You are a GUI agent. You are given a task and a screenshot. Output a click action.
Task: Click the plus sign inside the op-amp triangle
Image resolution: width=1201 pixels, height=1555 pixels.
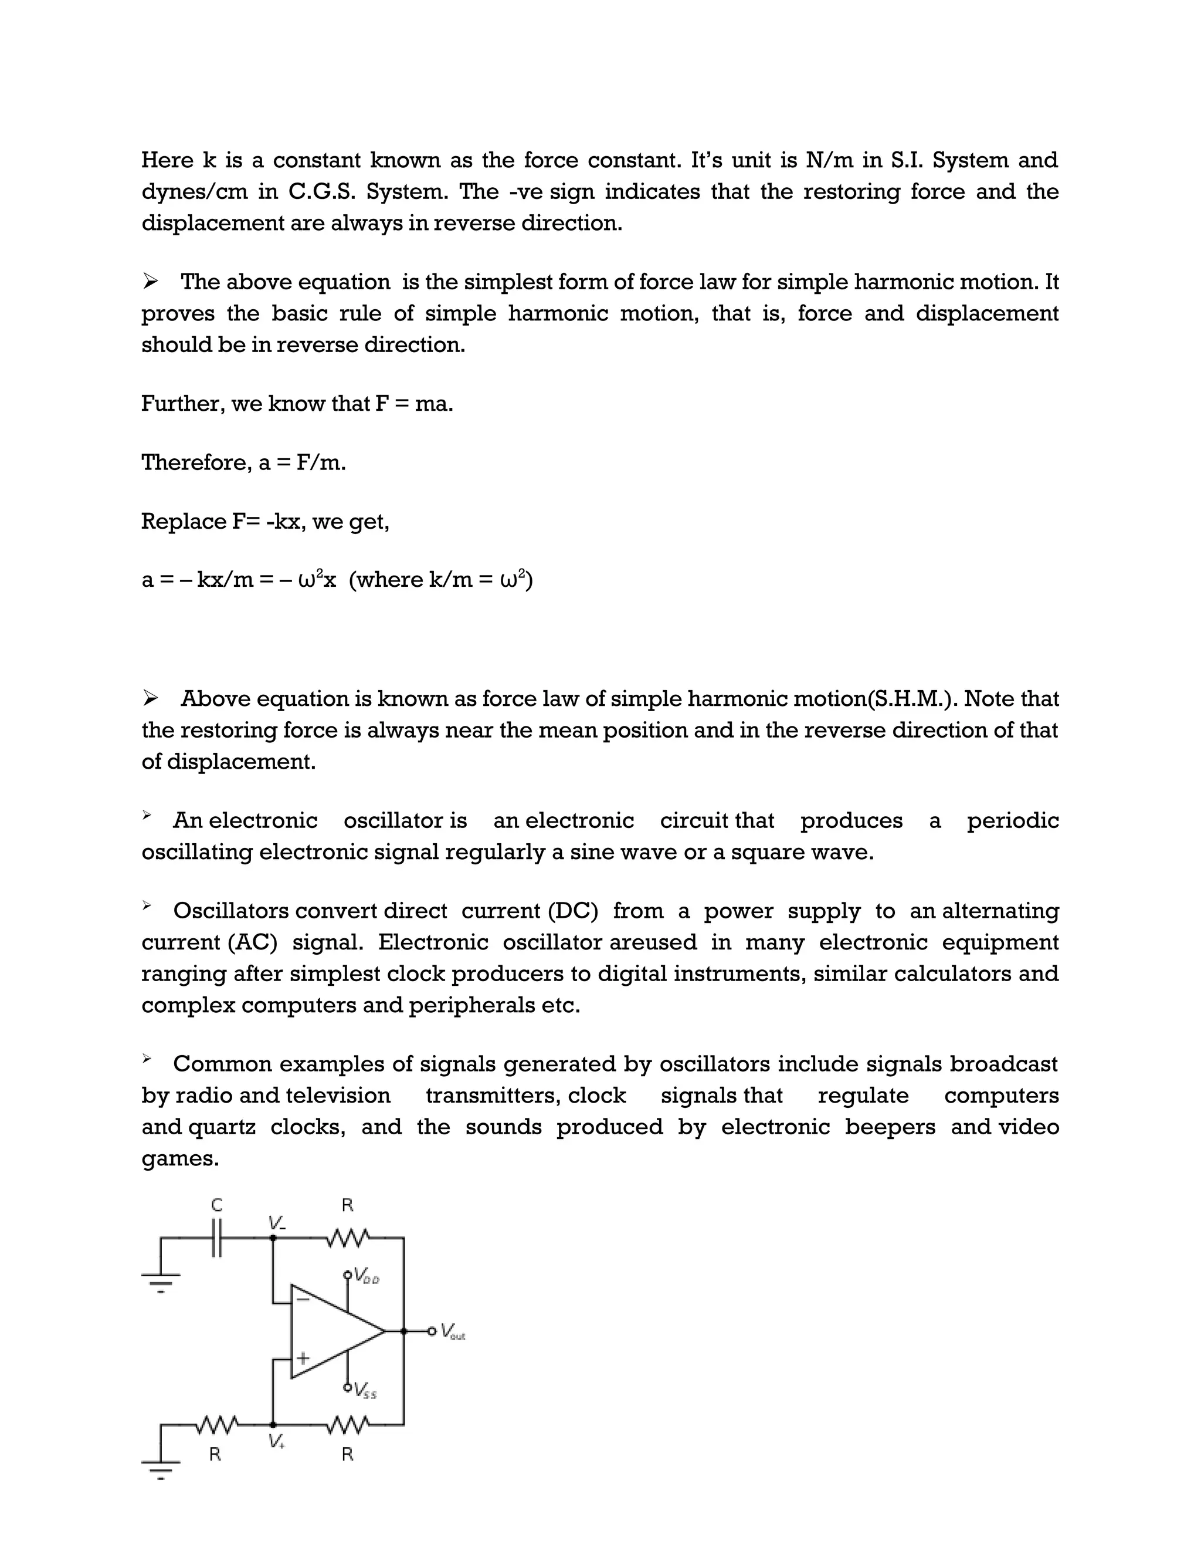(x=303, y=1358)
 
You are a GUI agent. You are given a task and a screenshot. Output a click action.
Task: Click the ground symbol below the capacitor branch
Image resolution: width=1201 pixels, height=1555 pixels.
(x=161, y=1282)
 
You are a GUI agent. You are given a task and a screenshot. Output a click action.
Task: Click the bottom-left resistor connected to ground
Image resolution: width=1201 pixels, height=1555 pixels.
(x=216, y=1425)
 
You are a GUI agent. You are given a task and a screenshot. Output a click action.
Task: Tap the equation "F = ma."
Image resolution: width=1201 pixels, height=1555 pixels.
(x=413, y=404)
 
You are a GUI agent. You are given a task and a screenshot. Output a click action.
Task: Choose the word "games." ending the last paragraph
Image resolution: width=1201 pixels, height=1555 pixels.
(x=180, y=1158)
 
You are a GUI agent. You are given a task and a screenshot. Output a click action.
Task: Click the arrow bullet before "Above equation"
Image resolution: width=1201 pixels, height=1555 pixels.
(x=150, y=698)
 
